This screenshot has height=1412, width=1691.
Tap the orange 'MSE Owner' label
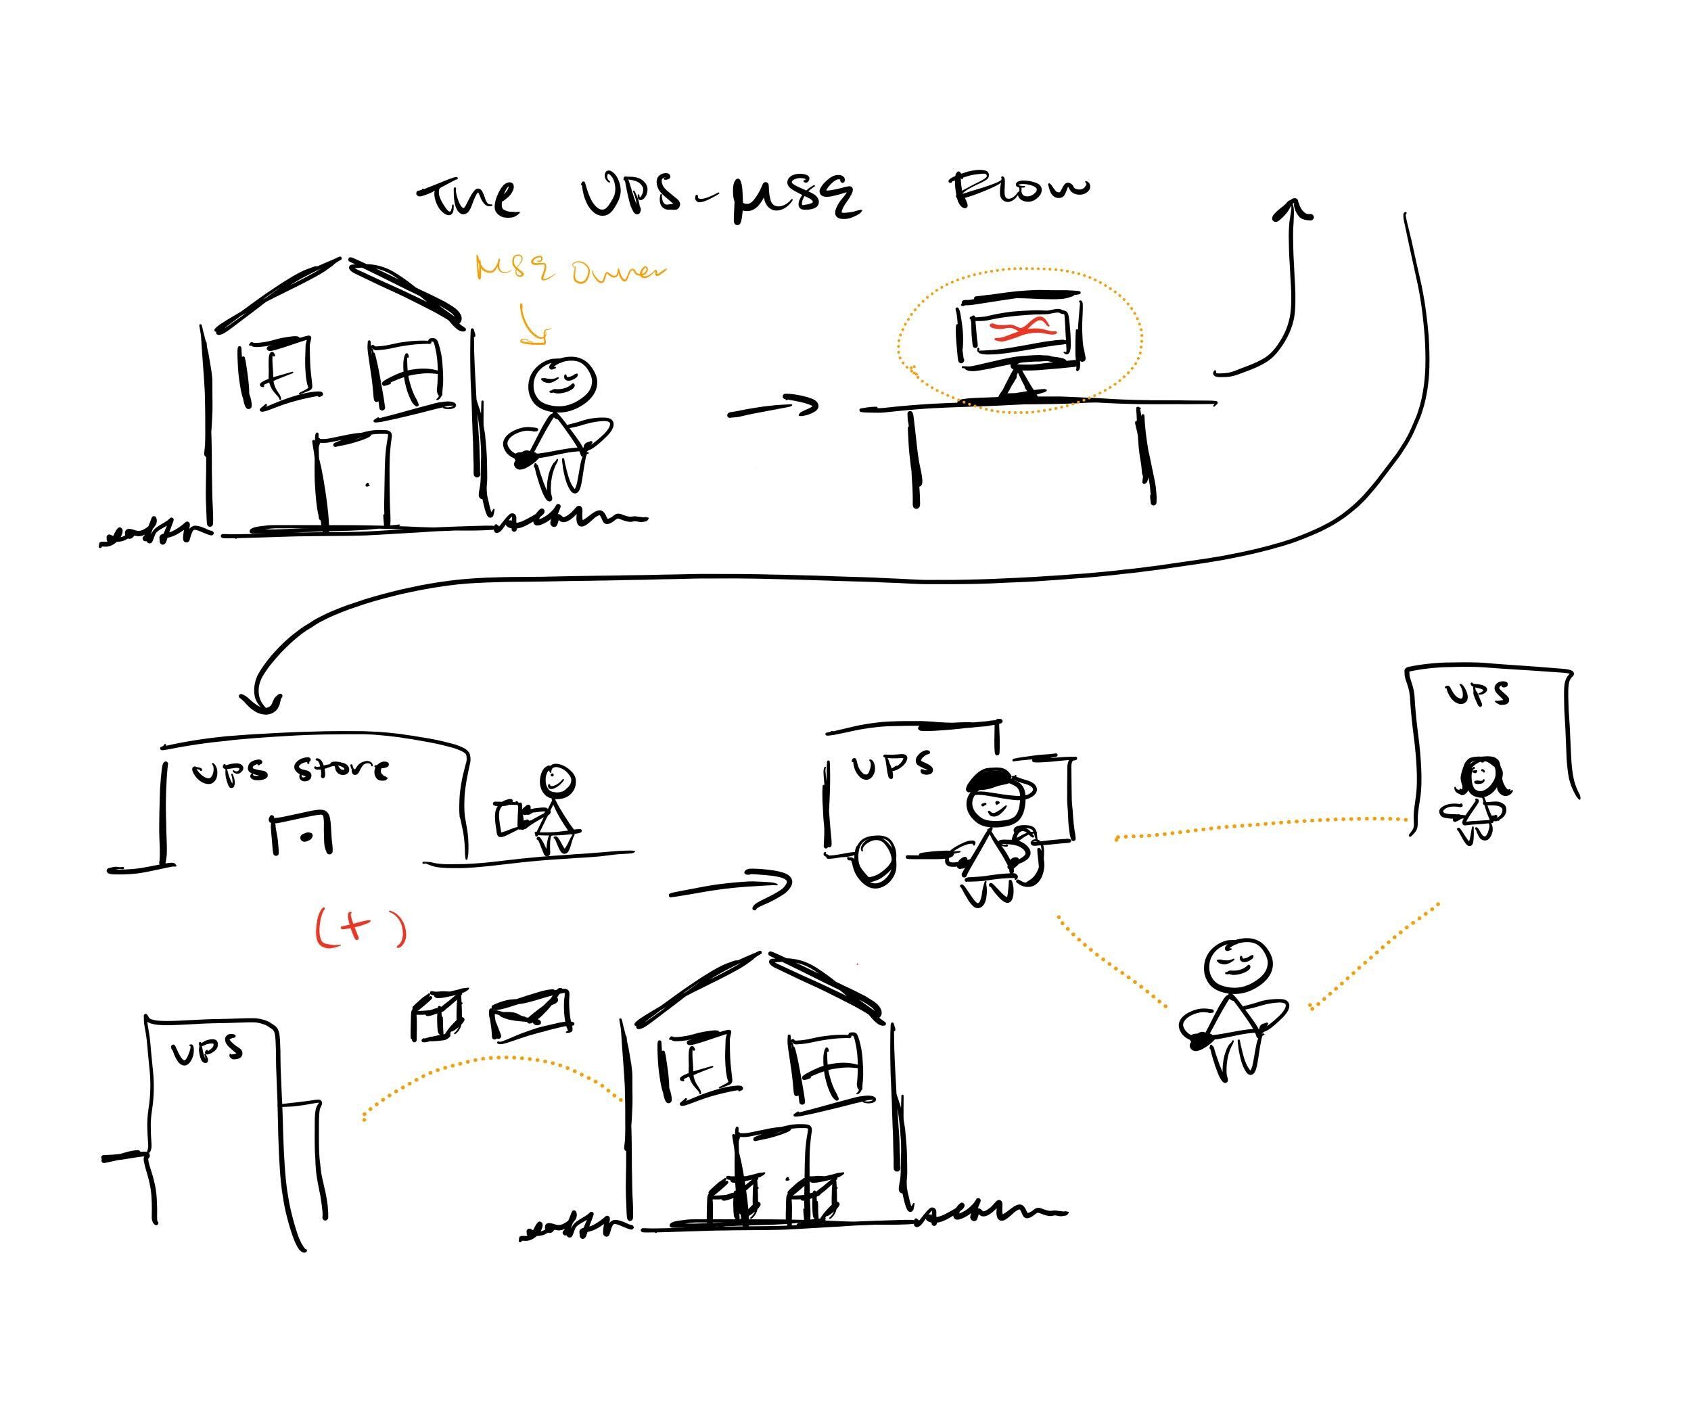tap(570, 270)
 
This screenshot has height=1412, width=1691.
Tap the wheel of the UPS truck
tap(874, 861)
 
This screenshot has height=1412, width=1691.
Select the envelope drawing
tap(531, 1014)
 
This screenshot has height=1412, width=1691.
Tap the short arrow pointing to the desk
tap(773, 408)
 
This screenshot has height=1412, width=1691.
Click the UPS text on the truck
tap(892, 765)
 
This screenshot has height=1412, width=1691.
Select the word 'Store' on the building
tap(341, 770)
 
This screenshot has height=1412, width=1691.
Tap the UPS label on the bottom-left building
tap(207, 1050)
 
